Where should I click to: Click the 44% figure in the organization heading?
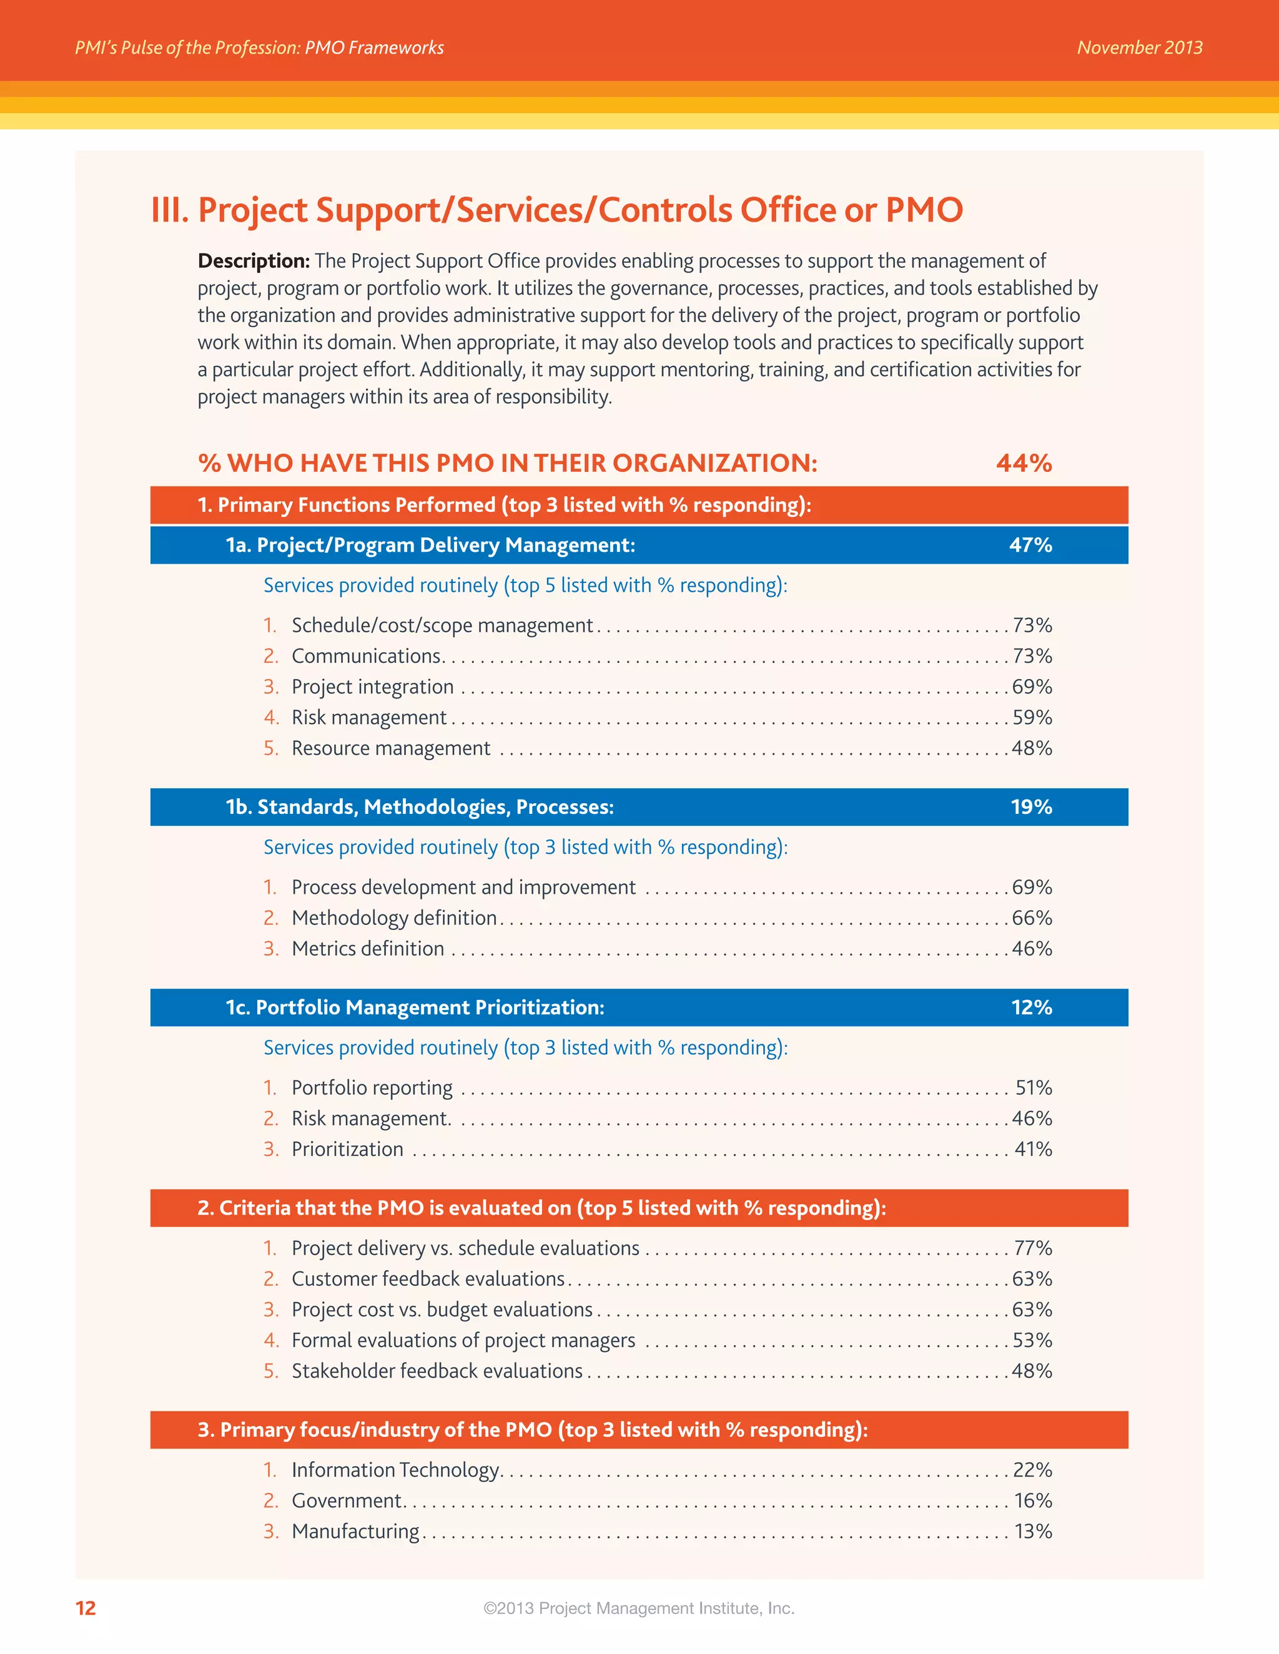click(x=1024, y=462)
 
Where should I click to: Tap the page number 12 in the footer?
click(x=86, y=1608)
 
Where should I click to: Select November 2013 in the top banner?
click(x=1140, y=47)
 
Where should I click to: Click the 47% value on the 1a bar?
click(x=1030, y=546)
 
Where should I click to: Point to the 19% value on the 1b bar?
click(x=1031, y=806)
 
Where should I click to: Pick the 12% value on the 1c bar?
click(x=1031, y=1007)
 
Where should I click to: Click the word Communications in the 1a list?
click(x=366, y=656)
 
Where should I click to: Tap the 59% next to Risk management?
click(x=1032, y=717)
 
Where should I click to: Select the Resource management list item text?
click(x=391, y=748)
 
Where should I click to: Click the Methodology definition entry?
click(x=394, y=918)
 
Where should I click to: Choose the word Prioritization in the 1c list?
click(x=347, y=1149)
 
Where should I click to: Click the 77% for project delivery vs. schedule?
click(x=1033, y=1248)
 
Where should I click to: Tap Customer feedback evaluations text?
click(x=428, y=1279)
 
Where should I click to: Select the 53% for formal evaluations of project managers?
click(x=1032, y=1341)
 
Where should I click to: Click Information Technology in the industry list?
click(x=395, y=1470)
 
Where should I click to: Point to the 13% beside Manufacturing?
click(x=1034, y=1531)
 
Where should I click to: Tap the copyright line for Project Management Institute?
click(x=639, y=1608)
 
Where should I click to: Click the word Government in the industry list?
click(x=346, y=1500)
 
